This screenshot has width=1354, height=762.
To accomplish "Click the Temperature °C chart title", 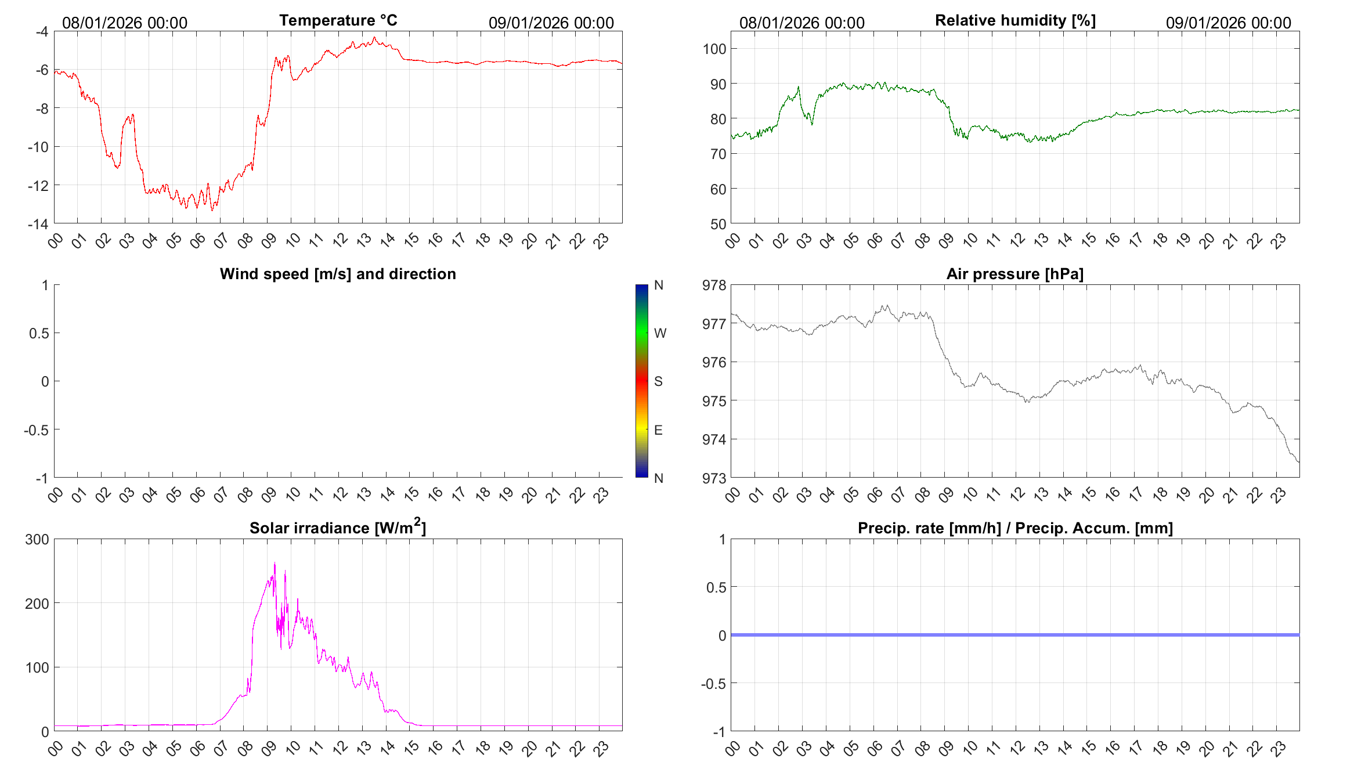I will coord(338,20).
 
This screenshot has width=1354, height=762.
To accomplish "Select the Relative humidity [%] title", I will coord(1015,20).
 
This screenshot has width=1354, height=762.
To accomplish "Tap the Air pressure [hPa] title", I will coord(1014,274).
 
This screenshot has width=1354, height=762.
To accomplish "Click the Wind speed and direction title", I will coord(338,274).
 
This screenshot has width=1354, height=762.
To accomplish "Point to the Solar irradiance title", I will coord(338,528).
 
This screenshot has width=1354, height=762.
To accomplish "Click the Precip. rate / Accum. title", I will coord(1015,528).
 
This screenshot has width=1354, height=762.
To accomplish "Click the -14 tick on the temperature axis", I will coord(38,224).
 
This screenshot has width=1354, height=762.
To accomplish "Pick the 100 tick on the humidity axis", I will coord(714,49).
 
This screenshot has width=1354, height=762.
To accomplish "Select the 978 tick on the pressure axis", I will coord(714,285).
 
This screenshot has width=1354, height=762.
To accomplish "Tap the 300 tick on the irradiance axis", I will coord(37,539).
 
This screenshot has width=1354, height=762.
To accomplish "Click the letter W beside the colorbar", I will coord(660,333).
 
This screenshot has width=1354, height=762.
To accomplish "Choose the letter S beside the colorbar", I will coord(658,381).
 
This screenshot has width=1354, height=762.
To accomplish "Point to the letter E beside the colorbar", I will coord(658,430).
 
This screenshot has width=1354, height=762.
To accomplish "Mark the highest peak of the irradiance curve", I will coord(275,563).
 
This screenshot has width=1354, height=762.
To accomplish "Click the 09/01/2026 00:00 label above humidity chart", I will coord(1228,23).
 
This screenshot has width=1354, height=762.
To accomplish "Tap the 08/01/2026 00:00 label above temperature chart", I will coord(125,23).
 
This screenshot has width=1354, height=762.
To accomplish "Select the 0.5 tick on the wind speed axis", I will coord(39,333).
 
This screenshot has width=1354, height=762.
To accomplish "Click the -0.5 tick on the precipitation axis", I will coord(713,684).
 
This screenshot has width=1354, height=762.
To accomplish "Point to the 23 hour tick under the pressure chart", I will coord(1279,494).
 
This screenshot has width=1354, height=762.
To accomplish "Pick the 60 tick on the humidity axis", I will coord(718,189).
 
